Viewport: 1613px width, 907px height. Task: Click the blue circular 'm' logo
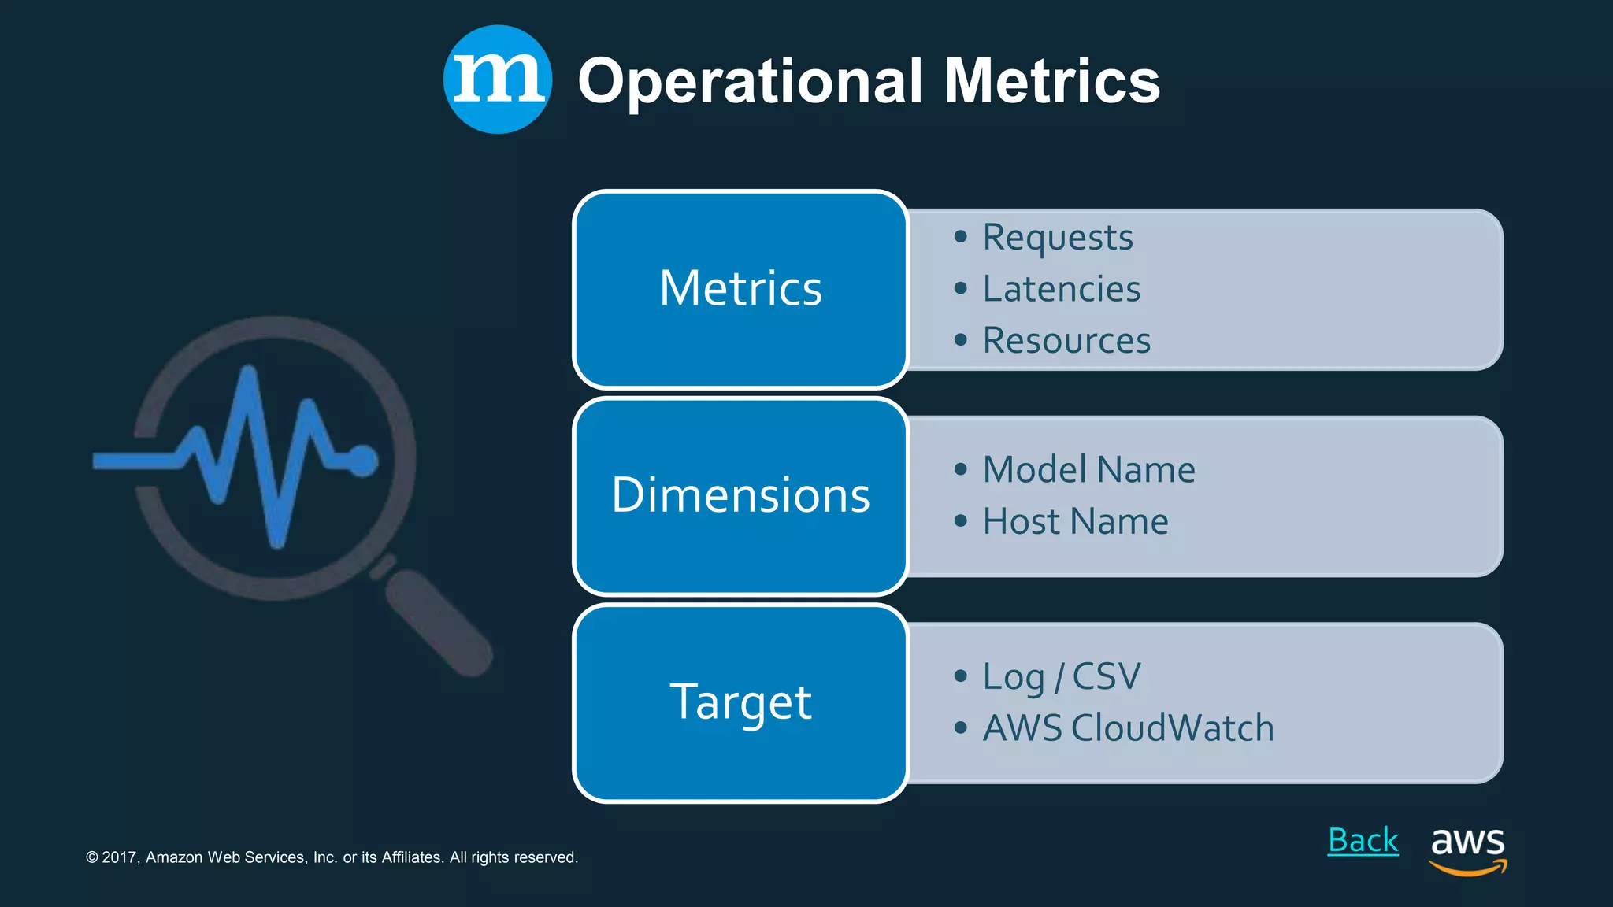tap(497, 80)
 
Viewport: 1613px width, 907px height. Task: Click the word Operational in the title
tap(750, 81)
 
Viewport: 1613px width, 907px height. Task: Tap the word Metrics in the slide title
tap(1051, 81)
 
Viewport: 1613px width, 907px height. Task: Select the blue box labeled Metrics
tap(740, 289)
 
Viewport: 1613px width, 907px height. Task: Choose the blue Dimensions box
tap(740, 496)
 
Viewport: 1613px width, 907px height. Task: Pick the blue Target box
tap(740, 702)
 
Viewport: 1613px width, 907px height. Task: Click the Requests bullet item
tap(1057, 237)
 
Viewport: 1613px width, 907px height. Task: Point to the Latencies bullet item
tap(1061, 289)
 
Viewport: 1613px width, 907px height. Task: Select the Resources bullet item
tap(1066, 341)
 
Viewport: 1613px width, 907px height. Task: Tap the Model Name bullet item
tap(1088, 470)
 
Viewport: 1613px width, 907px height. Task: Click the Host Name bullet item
tap(1075, 522)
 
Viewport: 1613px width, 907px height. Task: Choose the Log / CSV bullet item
tap(1061, 677)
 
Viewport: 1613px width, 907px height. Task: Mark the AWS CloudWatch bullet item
tap(1128, 728)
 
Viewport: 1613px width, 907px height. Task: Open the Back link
tap(1363, 841)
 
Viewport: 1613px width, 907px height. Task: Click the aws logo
tap(1467, 850)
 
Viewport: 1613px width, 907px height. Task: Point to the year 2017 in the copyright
tap(121, 857)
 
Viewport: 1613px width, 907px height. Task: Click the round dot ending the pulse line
tap(362, 461)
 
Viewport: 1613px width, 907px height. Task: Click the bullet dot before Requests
tap(960, 237)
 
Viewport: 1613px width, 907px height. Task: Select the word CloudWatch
tap(1172, 728)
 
